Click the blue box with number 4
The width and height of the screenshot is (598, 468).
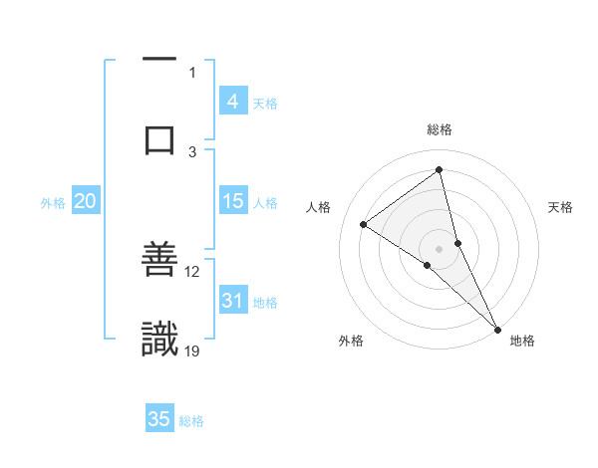point(233,102)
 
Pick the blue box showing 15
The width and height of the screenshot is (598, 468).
point(233,201)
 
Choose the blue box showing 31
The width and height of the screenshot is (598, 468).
point(233,301)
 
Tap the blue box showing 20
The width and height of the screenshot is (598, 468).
point(85,201)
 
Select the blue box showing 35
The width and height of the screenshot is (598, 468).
point(159,419)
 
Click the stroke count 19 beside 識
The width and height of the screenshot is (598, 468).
point(193,350)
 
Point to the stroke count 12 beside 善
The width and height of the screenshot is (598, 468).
point(192,271)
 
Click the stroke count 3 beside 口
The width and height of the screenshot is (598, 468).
point(193,150)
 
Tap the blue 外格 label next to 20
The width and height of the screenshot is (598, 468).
point(53,203)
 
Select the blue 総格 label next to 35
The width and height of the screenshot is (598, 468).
point(191,421)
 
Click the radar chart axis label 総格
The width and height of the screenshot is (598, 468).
point(440,129)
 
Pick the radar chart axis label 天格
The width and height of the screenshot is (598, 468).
point(561,207)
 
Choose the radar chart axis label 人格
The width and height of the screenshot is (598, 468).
point(318,207)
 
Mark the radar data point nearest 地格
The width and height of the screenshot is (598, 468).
point(497,328)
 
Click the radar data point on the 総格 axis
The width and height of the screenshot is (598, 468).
point(440,169)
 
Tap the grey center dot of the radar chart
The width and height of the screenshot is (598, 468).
point(440,248)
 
